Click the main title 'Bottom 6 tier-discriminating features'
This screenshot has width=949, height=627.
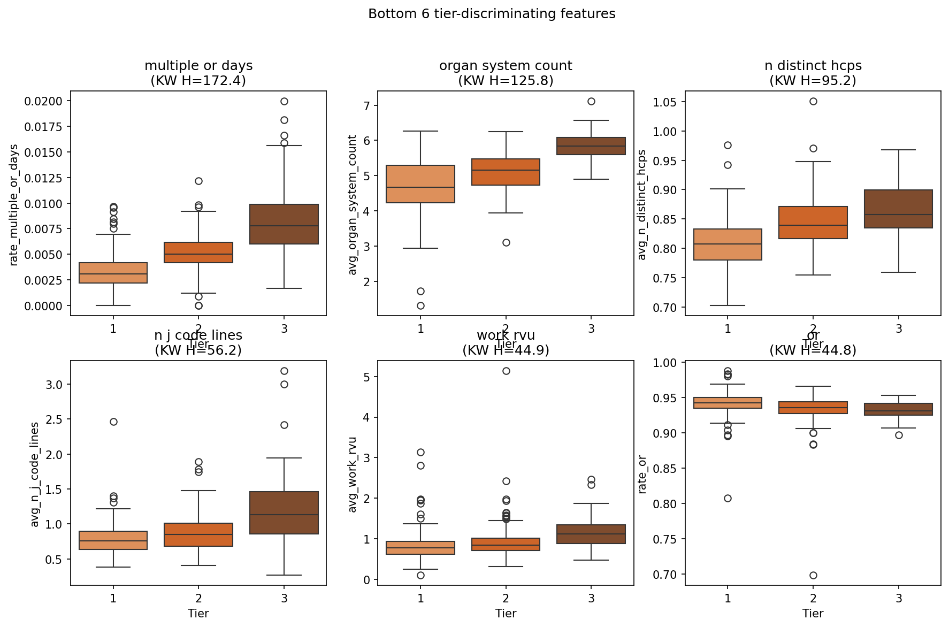click(x=492, y=14)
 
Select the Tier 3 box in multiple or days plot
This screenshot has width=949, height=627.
click(x=284, y=224)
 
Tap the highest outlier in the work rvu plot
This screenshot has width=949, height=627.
click(x=506, y=371)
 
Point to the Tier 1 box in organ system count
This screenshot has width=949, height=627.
click(x=420, y=184)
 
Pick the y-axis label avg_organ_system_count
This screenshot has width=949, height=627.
click(x=352, y=205)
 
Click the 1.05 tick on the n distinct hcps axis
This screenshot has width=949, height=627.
click(x=666, y=102)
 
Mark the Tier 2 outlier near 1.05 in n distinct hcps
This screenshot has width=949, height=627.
click(x=813, y=101)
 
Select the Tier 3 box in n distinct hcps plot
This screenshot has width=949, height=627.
click(x=899, y=209)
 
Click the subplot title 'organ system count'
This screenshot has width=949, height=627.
click(x=506, y=66)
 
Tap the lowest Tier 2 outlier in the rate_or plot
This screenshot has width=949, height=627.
click(x=813, y=575)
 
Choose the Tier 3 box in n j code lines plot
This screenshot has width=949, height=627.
click(x=284, y=513)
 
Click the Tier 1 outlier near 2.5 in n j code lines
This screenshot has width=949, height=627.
click(x=113, y=422)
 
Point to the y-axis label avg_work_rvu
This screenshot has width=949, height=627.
click(x=352, y=475)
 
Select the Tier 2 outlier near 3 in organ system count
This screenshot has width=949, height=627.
click(x=506, y=242)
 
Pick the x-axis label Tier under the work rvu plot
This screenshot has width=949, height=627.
click(x=506, y=613)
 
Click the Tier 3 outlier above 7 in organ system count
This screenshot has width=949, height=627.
click(x=591, y=101)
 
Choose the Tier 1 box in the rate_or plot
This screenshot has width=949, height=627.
click(x=728, y=403)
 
